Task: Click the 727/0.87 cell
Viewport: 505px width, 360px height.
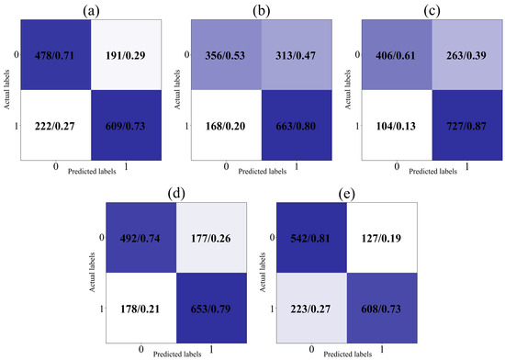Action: [460, 125]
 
